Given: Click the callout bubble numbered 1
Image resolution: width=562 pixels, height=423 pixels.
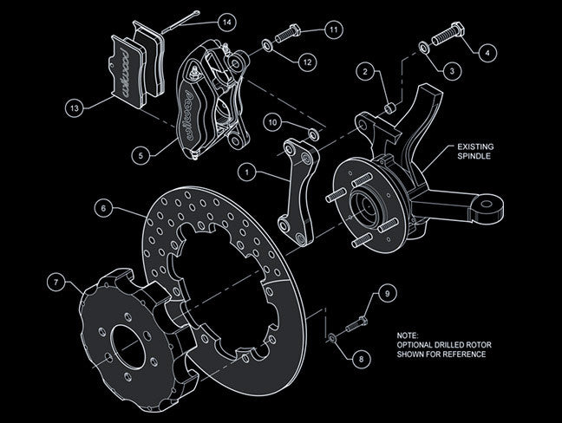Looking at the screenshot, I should [x=248, y=172].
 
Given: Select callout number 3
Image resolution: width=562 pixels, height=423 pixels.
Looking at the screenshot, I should [x=452, y=68].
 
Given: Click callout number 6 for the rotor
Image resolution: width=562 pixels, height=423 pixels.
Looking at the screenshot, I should [x=102, y=208].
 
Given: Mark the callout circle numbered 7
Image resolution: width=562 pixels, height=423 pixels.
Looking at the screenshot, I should [x=56, y=283].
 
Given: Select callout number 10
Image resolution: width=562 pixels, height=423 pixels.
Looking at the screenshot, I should [x=273, y=124].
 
